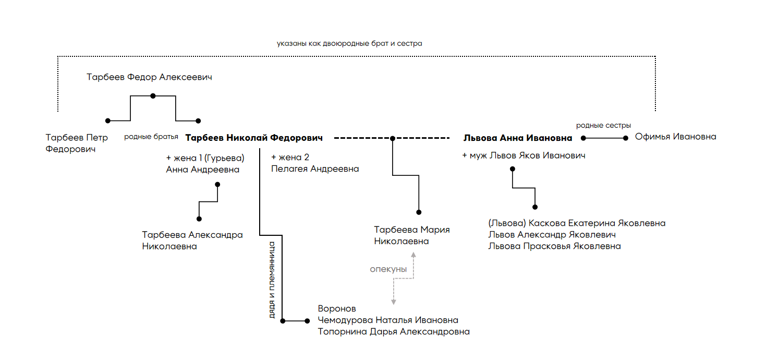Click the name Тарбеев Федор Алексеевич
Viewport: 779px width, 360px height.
click(x=149, y=77)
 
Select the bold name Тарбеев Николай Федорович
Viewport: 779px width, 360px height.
click(x=254, y=138)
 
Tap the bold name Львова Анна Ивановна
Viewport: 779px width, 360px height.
click(x=518, y=138)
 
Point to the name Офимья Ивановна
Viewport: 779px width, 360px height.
click(x=676, y=137)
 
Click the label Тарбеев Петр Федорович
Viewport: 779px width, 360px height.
click(x=77, y=143)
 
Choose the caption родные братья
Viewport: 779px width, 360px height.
click(x=151, y=137)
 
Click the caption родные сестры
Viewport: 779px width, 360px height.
click(x=603, y=125)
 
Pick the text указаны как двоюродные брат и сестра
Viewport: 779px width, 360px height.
click(x=349, y=44)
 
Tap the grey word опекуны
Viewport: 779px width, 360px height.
click(x=388, y=269)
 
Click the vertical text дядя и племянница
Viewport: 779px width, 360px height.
click(x=272, y=280)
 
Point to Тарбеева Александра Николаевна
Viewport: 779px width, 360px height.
click(x=192, y=241)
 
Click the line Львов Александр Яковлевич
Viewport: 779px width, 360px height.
click(x=552, y=235)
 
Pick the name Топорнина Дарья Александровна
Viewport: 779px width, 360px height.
click(x=394, y=332)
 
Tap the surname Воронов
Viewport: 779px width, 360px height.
click(x=337, y=309)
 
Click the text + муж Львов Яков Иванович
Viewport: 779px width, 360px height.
click(x=524, y=155)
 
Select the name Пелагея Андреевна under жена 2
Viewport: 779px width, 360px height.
click(x=315, y=169)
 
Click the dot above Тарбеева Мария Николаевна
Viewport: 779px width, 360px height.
click(x=419, y=212)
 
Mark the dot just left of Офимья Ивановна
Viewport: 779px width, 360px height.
click(x=626, y=138)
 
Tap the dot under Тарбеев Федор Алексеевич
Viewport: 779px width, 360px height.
click(x=153, y=96)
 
